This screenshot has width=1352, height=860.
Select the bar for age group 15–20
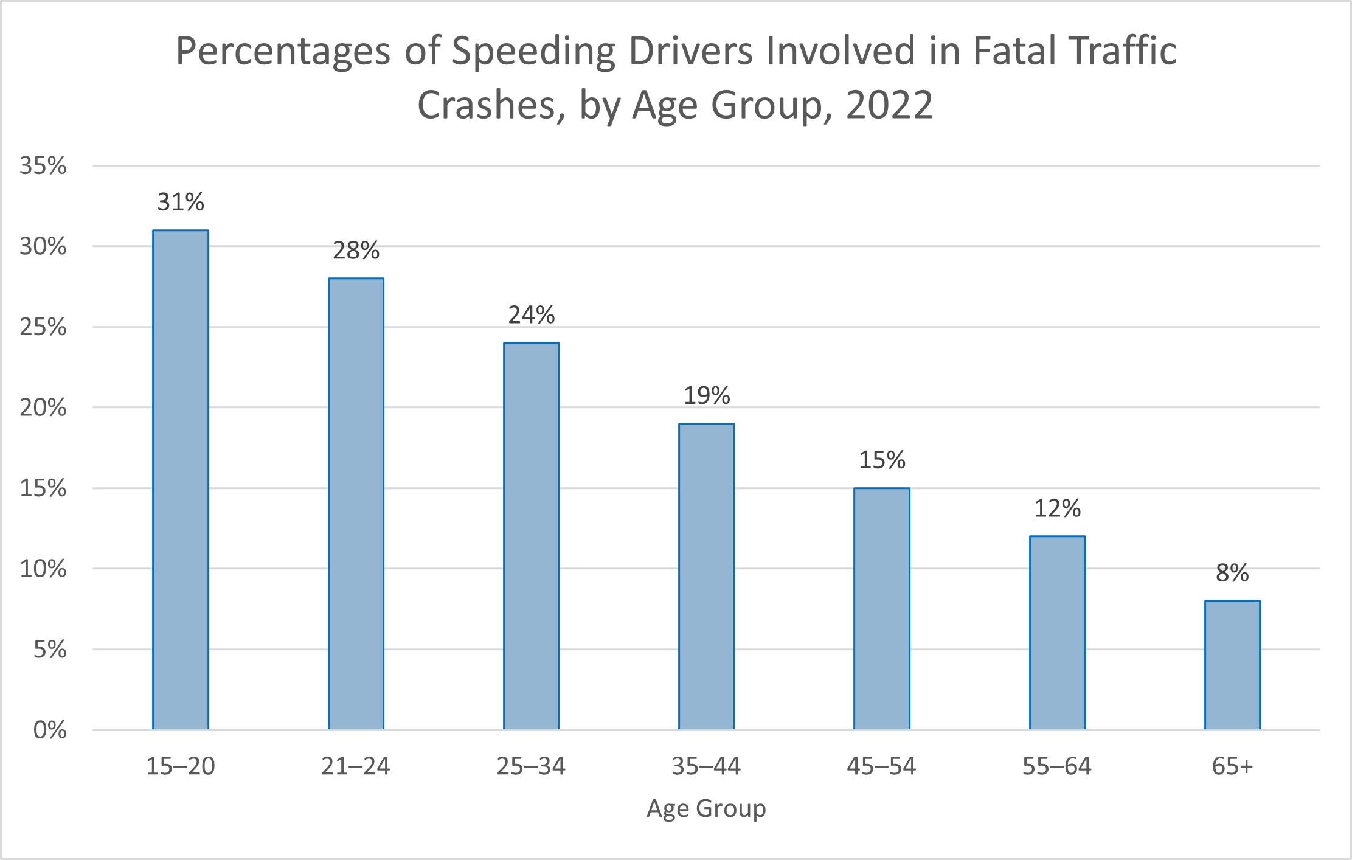coord(181,480)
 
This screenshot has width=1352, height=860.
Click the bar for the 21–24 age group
coord(356,504)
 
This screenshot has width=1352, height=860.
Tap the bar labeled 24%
coord(531,536)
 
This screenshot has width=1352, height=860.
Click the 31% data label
coord(181,202)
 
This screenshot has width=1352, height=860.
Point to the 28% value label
coord(356,251)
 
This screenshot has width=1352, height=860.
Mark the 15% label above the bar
coord(882,460)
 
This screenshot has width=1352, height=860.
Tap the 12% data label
coord(1057,508)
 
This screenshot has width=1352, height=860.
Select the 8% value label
coord(1232,573)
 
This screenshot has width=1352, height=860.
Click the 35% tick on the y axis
coord(43,165)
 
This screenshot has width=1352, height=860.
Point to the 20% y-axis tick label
coord(43,407)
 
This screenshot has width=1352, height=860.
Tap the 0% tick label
coord(50,730)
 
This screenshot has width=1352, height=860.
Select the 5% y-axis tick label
coord(50,650)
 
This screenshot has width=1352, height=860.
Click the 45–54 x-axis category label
coord(881,766)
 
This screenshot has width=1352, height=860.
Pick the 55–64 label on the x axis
coord(1057,766)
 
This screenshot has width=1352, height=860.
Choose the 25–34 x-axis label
coord(531,766)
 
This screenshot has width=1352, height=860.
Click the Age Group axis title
coord(706,808)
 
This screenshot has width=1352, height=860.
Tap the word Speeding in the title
coord(533,52)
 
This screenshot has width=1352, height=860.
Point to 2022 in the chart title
coord(889,105)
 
